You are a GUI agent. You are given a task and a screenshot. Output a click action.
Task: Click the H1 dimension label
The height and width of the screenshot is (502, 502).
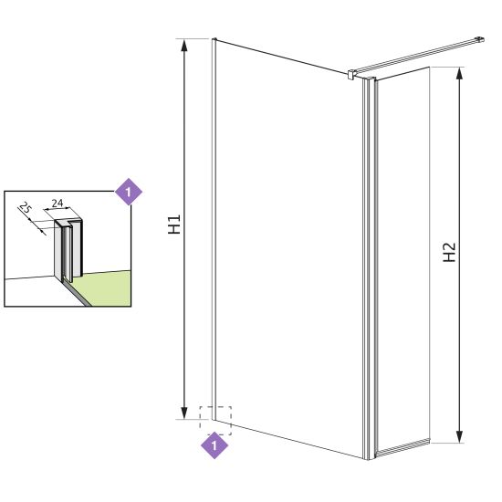tap(174, 225)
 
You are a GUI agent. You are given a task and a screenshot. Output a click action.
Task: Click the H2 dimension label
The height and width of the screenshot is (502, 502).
tap(449, 252)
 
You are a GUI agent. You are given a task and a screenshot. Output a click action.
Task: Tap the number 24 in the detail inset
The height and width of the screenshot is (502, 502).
tap(58, 203)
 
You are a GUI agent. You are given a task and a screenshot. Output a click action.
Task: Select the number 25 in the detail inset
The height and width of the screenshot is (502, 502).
tap(26, 208)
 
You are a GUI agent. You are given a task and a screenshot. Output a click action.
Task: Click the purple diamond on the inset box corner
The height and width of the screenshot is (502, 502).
tap(129, 192)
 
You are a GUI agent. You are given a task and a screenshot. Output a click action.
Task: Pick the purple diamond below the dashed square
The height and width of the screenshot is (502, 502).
tap(214, 445)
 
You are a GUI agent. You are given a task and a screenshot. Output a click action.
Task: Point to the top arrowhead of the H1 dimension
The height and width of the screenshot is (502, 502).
tap(183, 46)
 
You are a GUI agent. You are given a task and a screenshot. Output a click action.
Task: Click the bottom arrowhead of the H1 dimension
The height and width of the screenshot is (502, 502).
tap(183, 413)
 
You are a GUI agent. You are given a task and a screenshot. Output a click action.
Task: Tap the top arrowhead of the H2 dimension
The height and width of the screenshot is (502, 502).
tap(459, 74)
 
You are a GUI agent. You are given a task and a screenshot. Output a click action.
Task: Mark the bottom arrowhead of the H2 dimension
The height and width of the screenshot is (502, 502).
tap(459, 436)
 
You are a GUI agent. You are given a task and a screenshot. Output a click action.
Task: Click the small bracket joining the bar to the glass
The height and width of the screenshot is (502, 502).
tap(351, 74)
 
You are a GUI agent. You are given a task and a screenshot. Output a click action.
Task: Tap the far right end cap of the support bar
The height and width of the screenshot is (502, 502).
tap(480, 39)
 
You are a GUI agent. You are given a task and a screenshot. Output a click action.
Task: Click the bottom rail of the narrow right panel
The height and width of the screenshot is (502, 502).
tap(404, 447)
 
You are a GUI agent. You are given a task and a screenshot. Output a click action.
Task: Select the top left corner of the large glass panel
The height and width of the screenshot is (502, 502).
tap(214, 39)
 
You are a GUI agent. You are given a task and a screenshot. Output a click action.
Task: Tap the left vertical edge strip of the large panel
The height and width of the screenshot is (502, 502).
tap(214, 229)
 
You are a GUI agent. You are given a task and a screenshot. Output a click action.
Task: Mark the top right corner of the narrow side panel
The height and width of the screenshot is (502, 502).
tap(429, 68)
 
